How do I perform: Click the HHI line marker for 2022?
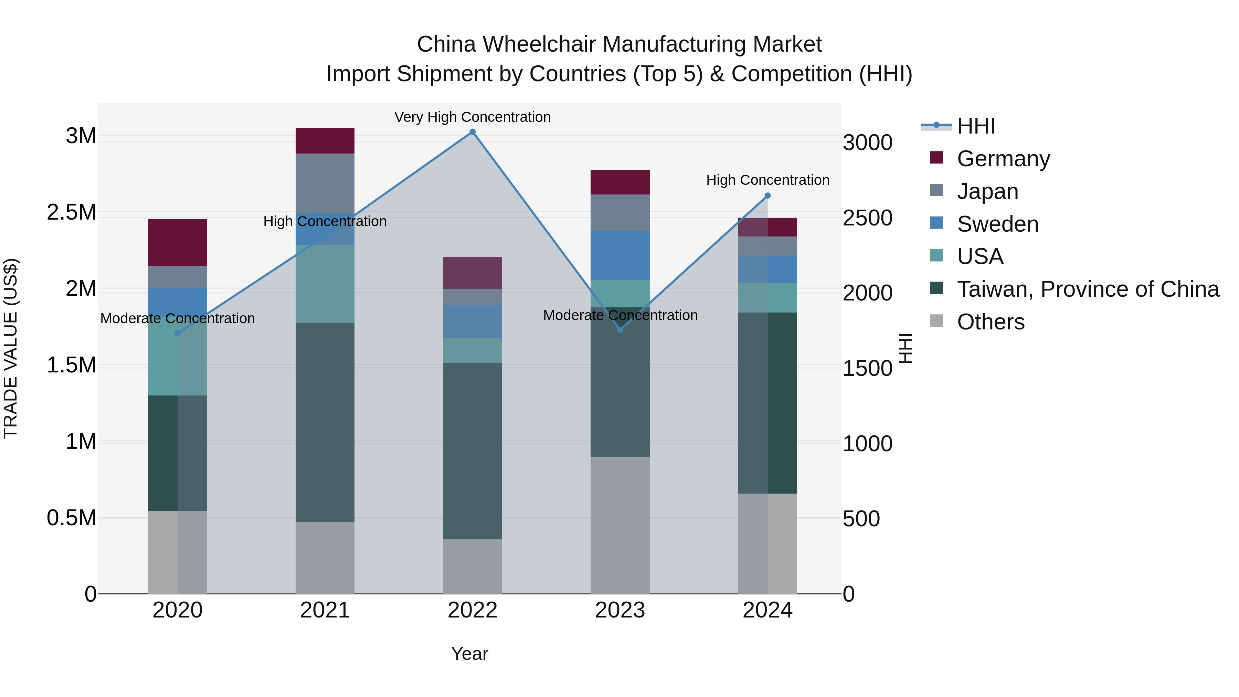click(x=472, y=132)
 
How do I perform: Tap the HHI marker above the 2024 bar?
click(x=767, y=196)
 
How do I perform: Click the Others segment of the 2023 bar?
click(x=620, y=525)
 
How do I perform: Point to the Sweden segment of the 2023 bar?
click(x=620, y=255)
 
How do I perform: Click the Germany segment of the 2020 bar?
click(x=178, y=242)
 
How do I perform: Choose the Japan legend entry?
click(x=987, y=191)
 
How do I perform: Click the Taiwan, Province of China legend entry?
click(x=1088, y=289)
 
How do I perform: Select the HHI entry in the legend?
click(x=976, y=126)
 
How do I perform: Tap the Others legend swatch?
click(x=936, y=321)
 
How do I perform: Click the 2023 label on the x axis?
click(x=620, y=610)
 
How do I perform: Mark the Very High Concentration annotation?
click(x=472, y=117)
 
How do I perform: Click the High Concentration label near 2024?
click(x=767, y=180)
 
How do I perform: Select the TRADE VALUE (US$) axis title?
click(x=11, y=348)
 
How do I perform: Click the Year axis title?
click(x=469, y=654)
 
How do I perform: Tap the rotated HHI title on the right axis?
click(x=905, y=348)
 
